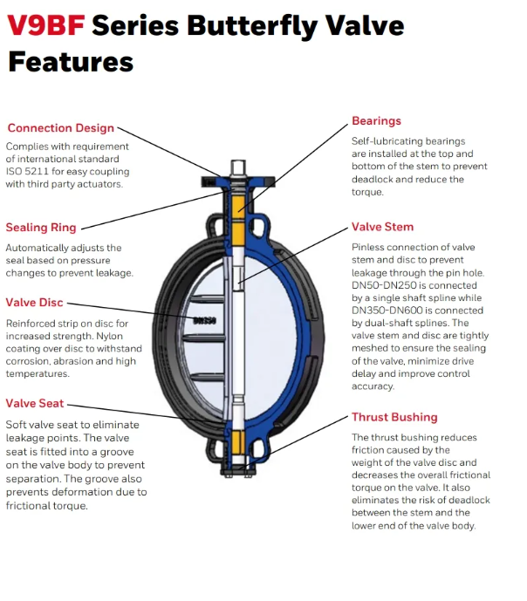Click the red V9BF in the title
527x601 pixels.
click(x=44, y=26)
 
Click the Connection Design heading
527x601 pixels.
click(x=60, y=128)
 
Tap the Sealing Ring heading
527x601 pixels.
click(x=41, y=228)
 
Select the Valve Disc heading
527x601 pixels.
click(x=34, y=303)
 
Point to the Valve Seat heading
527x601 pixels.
click(x=34, y=403)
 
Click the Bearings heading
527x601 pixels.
click(x=376, y=121)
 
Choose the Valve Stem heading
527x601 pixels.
click(x=382, y=227)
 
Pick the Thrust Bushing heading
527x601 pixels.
click(x=394, y=417)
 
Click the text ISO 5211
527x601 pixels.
click(x=28, y=171)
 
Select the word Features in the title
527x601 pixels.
click(x=71, y=62)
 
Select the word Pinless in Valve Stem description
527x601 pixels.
click(x=369, y=248)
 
